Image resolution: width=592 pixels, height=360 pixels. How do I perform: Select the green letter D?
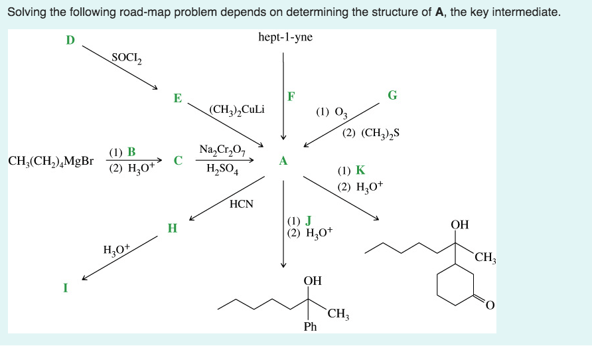click(x=70, y=41)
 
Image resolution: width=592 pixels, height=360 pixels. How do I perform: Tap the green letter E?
click(x=177, y=98)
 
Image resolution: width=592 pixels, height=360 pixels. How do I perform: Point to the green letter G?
click(x=393, y=95)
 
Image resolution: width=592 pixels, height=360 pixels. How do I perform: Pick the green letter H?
click(x=173, y=228)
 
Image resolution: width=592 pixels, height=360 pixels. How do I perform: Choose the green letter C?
click(x=177, y=160)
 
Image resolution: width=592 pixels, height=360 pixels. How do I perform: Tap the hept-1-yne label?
click(x=285, y=37)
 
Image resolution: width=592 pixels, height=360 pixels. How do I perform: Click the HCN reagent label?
click(x=242, y=204)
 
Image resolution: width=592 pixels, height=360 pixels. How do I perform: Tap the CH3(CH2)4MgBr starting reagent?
click(x=51, y=161)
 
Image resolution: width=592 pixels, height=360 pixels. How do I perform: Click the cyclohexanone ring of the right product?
click(x=455, y=285)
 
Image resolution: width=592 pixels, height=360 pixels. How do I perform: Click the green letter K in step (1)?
click(x=360, y=171)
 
